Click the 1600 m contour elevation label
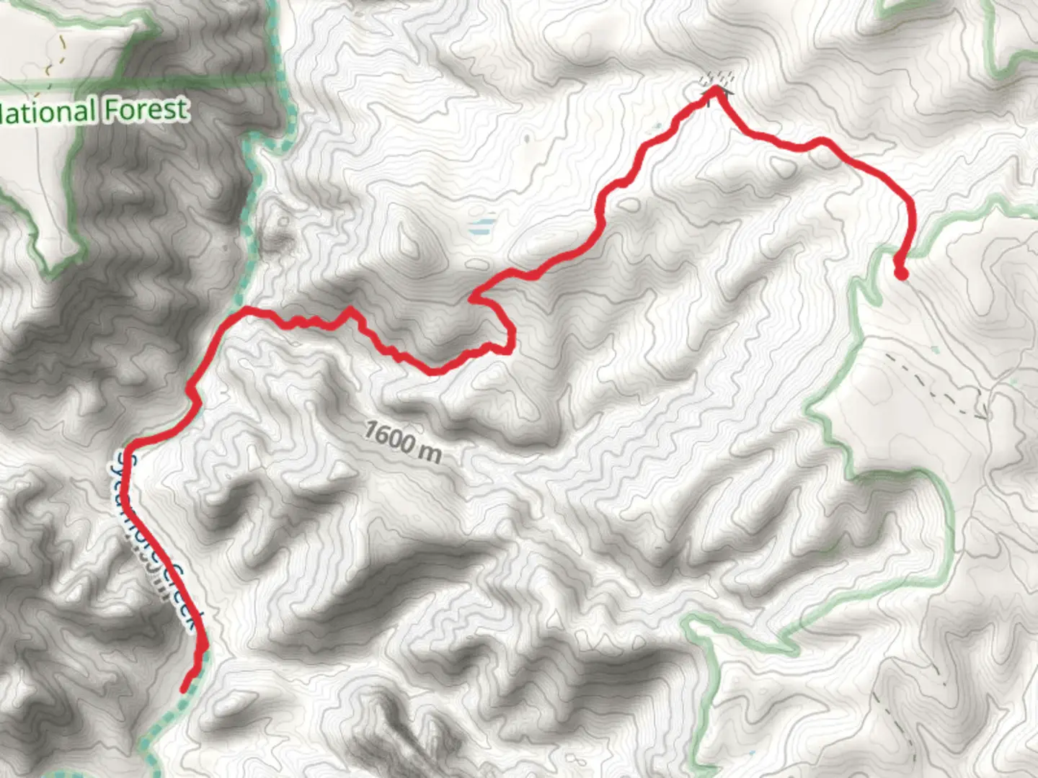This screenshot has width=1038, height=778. pyautogui.click(x=402, y=440)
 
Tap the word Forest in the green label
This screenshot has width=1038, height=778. pyautogui.click(x=146, y=109)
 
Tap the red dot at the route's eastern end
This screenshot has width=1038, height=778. pyautogui.click(x=901, y=273)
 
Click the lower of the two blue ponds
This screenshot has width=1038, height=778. pyautogui.click(x=479, y=232)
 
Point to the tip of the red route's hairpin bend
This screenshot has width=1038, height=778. pyautogui.click(x=473, y=296)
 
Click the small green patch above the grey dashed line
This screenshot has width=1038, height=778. pyautogui.click(x=934, y=349)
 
